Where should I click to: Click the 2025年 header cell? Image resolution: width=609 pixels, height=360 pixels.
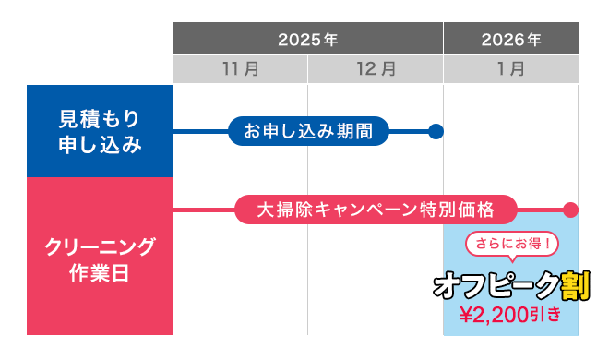pos(307,40)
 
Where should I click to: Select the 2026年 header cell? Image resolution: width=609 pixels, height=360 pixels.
pos(510,40)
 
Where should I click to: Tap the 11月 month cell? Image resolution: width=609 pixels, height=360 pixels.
pos(240,69)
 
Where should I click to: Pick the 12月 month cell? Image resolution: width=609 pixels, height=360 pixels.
pos(376,69)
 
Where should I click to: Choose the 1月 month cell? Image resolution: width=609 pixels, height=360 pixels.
pos(510,69)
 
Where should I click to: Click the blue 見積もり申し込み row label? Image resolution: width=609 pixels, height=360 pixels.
pos(100,131)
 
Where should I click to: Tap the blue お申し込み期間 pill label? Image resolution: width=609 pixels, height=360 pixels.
pos(308,131)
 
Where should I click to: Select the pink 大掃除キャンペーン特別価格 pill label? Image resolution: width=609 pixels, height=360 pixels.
pos(375,210)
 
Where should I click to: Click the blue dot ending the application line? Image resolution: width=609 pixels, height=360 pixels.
pos(436,131)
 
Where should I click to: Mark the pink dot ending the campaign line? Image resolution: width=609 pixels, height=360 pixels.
pos(570,210)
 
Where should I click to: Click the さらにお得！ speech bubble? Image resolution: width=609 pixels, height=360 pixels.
pos(511,245)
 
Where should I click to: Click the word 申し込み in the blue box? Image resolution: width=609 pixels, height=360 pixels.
pos(100,144)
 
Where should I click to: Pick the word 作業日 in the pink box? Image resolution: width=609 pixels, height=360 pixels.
pos(100,271)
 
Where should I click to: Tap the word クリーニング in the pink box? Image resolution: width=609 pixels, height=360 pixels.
pos(100,246)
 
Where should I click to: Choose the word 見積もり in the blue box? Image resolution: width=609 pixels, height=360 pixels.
pos(100,118)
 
